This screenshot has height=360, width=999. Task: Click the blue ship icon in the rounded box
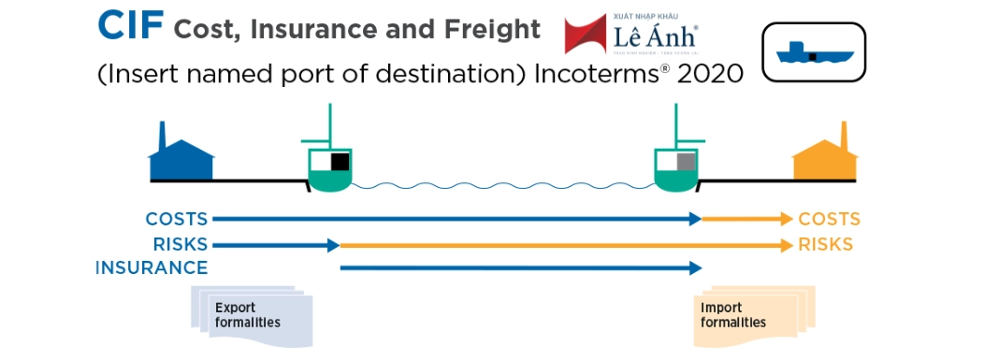coord(813,52)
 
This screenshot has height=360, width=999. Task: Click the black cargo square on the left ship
coord(340,160)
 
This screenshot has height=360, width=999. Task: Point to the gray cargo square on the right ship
coord(686,160)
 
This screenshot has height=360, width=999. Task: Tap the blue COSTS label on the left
coord(176,220)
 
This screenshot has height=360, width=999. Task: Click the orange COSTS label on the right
coord(829,220)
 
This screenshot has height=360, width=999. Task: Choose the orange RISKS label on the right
coord(825,245)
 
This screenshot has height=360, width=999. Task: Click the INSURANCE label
coord(151,268)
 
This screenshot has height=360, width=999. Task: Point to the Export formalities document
coord(248,315)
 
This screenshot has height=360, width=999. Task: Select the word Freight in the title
coord(492,30)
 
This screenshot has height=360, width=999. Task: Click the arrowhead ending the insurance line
coord(695,268)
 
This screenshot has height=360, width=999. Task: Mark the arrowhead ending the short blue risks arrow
coord(333,245)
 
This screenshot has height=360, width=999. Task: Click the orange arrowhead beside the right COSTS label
coord(786,220)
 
